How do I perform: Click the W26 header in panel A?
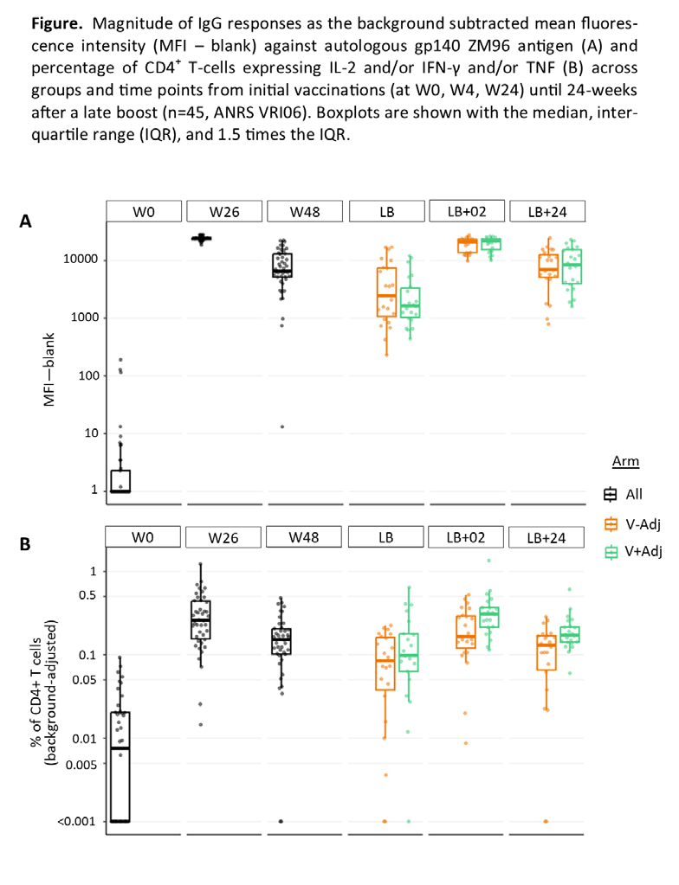(224, 212)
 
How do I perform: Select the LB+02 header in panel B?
(465, 537)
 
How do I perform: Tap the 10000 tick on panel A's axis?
(81, 259)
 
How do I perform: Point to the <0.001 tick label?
(76, 821)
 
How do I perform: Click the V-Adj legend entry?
(632, 524)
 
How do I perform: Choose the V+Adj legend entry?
(633, 551)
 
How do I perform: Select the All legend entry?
(623, 495)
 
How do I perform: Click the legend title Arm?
(625, 461)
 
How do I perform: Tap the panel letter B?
(25, 544)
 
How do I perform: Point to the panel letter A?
(25, 221)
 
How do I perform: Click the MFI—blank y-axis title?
(49, 369)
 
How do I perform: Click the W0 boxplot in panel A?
(120, 481)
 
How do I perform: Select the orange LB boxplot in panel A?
(386, 292)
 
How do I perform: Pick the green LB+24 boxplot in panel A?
(572, 266)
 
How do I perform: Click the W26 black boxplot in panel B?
(201, 619)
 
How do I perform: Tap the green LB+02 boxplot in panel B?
(488, 617)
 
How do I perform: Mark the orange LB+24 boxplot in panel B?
(546, 652)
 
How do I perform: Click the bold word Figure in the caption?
(57, 23)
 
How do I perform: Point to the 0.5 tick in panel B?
(87, 595)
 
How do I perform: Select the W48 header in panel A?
(305, 212)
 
